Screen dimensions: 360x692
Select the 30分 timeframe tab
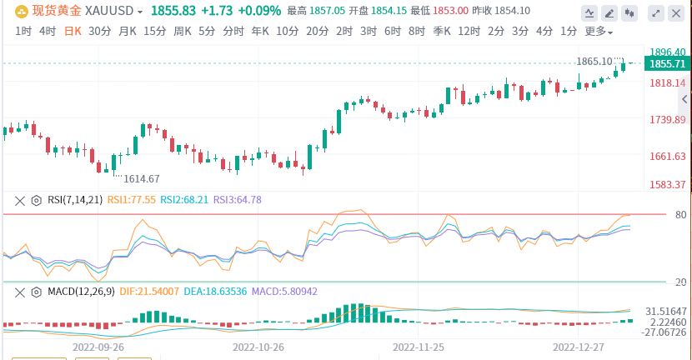pos(99,31)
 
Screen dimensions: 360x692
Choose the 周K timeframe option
pos(183,31)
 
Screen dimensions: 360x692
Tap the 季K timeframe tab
pos(441,31)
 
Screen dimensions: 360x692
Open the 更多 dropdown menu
pos(599,32)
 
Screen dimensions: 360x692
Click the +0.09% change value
pos(258,12)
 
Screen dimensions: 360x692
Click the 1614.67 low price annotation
pos(141,178)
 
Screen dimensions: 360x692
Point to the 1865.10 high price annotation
pos(594,62)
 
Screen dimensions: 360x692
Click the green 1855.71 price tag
pos(668,64)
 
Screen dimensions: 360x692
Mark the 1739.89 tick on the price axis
pos(668,120)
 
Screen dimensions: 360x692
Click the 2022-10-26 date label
pos(258,346)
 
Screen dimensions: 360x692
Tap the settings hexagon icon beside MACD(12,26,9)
pos(36,292)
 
